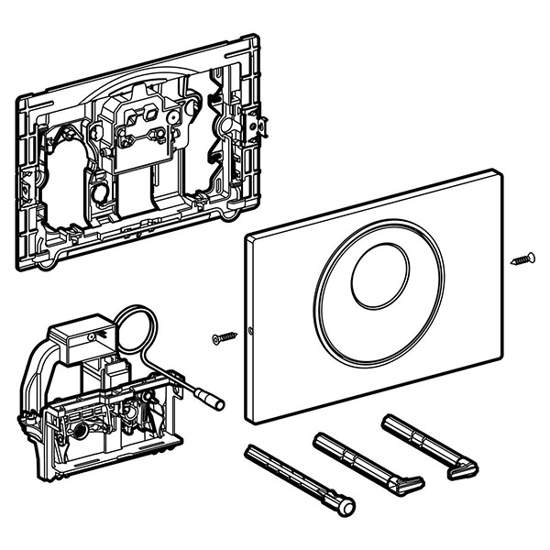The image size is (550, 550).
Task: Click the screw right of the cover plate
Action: click(523, 258)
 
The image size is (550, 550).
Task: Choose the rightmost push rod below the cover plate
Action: click(427, 445)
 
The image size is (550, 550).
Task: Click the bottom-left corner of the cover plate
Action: click(254, 421)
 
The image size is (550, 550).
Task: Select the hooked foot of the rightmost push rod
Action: click(464, 470)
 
